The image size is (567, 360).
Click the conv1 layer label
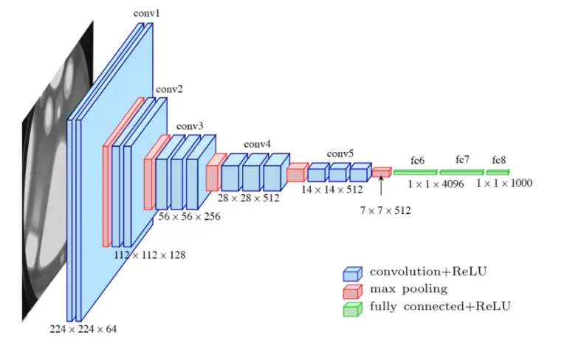pos(145,13)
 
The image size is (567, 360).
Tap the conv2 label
pos(170,90)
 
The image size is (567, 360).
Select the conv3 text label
pos(189,125)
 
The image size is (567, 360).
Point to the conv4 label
pos(258,144)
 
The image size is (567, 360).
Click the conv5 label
pos(340,153)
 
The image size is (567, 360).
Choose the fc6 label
pos(418,160)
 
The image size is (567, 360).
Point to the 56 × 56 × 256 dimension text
pos(189,217)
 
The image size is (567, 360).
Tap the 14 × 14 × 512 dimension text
pos(332,189)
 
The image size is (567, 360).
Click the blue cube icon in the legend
pos(352,273)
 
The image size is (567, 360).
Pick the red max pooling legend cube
pos(352,290)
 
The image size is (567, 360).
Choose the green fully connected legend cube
pos(352,308)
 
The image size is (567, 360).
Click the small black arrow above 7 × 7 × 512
pos(381,188)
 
